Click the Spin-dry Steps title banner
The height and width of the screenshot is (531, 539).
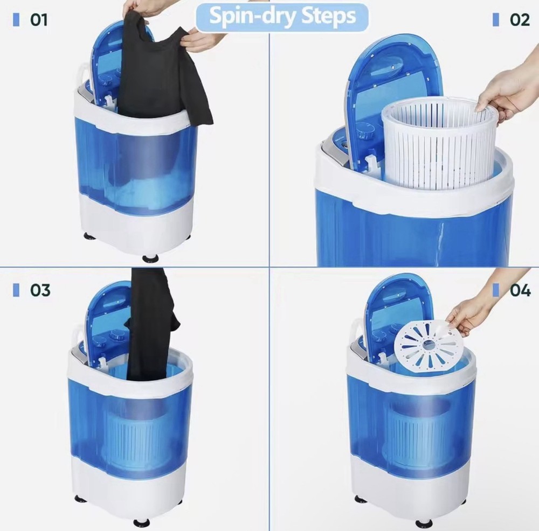pyautogui.click(x=281, y=17)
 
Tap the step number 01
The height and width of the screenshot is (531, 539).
pyautogui.click(x=38, y=20)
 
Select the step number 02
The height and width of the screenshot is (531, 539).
pyautogui.click(x=519, y=20)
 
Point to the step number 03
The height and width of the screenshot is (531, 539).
pyautogui.click(x=40, y=290)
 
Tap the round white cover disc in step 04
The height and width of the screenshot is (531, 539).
pyautogui.click(x=429, y=345)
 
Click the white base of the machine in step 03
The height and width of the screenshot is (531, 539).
pyautogui.click(x=129, y=485)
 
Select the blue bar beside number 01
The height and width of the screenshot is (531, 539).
pyautogui.click(x=16, y=20)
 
